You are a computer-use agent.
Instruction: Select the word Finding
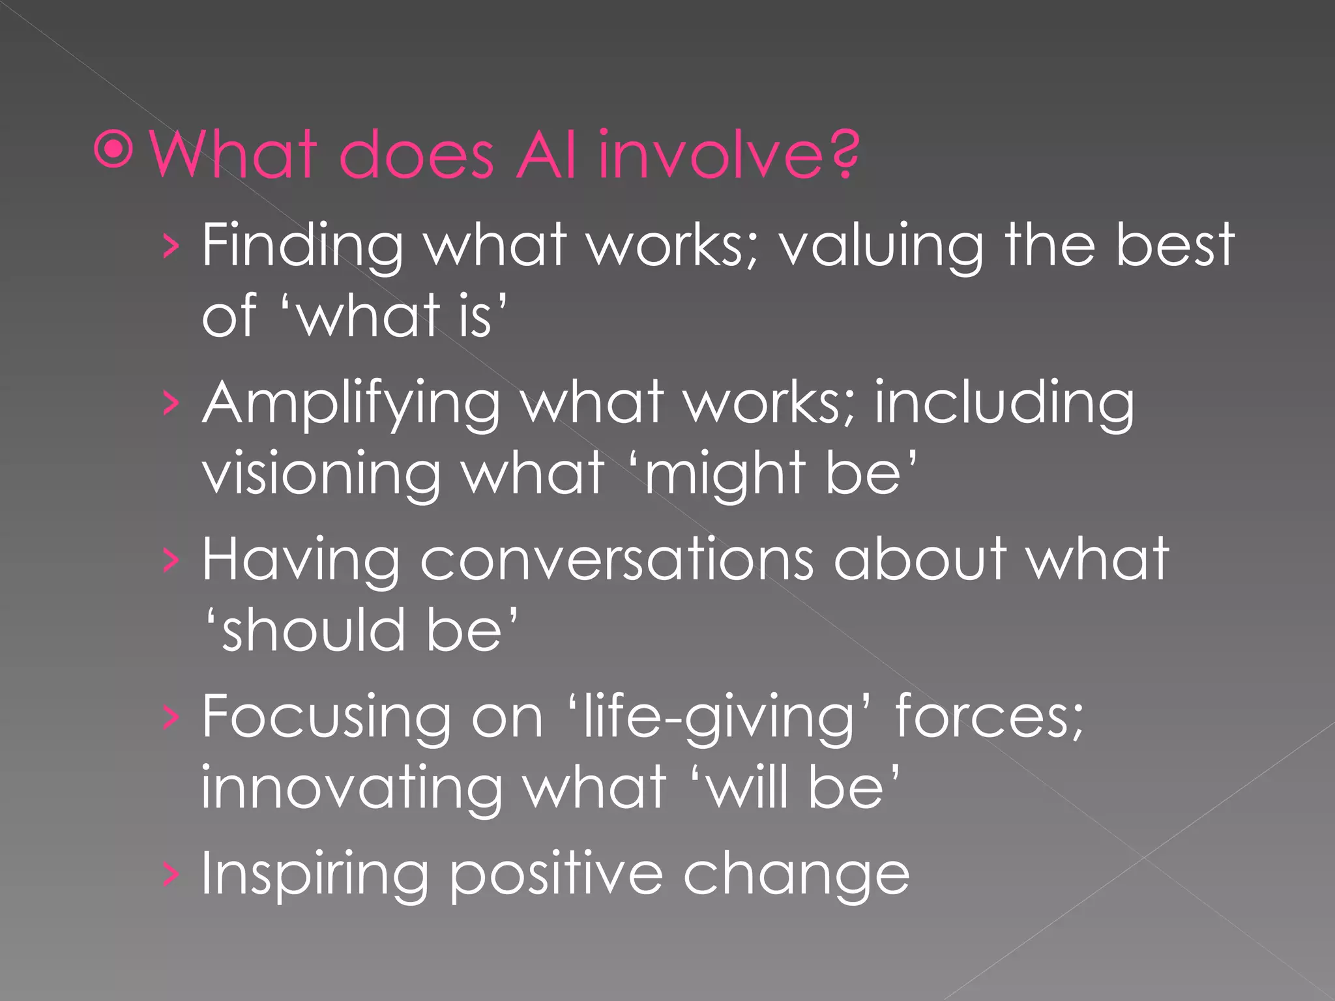point(302,246)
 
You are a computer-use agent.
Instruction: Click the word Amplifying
point(351,404)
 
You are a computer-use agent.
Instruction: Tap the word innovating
point(351,789)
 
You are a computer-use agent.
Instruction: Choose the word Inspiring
point(315,876)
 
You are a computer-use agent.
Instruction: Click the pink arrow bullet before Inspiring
point(170,876)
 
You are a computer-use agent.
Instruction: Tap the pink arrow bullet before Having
point(170,560)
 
